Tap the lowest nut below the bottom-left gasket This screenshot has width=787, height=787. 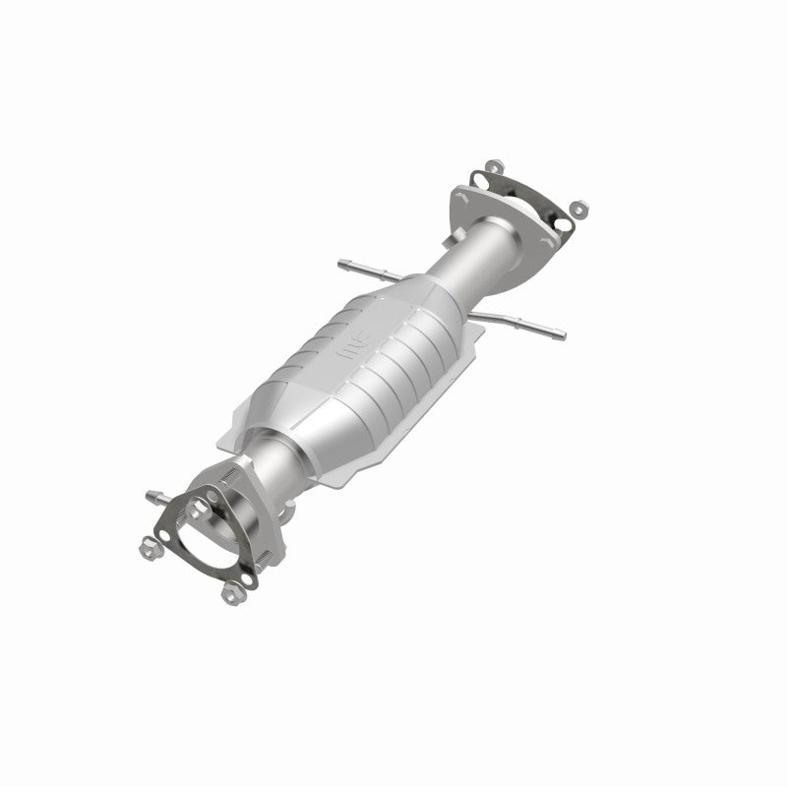click(x=232, y=594)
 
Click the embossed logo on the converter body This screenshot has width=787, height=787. click(x=351, y=346)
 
